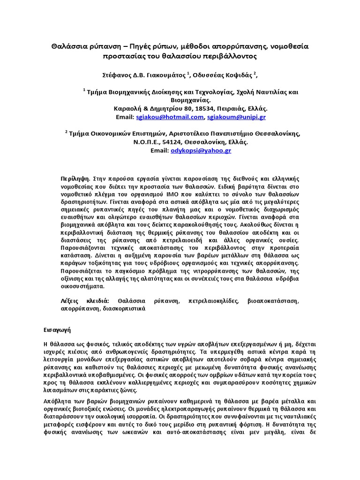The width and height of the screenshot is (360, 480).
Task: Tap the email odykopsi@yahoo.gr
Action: point(201,150)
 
